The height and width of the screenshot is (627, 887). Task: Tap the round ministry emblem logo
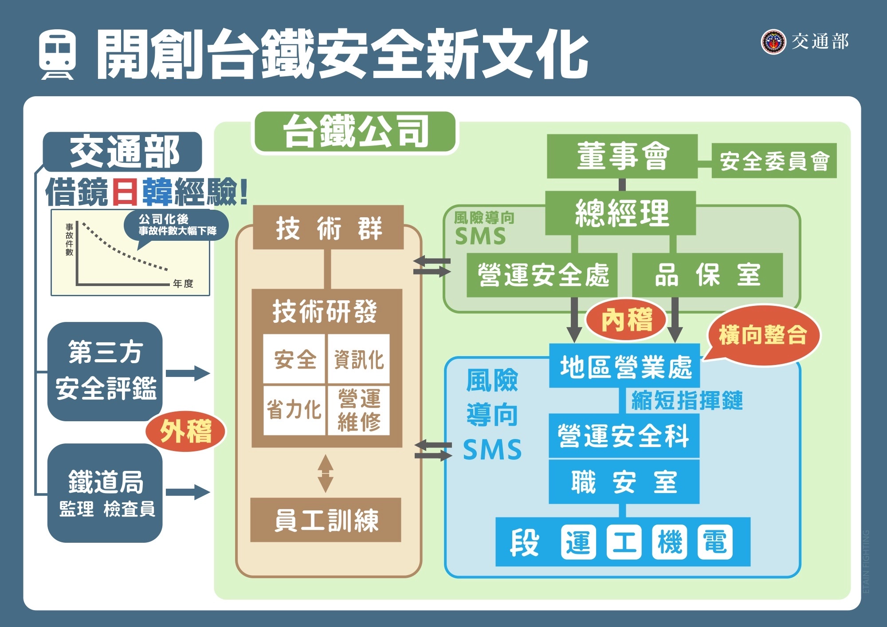(773, 42)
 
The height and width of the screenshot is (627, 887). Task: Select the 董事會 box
(622, 157)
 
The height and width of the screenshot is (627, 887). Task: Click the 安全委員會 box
(774, 161)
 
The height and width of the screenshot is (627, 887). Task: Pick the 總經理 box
(620, 213)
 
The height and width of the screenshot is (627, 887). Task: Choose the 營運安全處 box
(542, 275)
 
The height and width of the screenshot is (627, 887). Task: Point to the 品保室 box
(707, 275)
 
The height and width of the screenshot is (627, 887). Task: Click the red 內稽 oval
(626, 319)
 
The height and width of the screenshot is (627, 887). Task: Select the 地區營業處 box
(624, 366)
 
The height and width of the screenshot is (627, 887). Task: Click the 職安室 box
(624, 482)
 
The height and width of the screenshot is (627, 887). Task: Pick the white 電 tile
(715, 542)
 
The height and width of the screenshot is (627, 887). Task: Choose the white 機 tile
(669, 542)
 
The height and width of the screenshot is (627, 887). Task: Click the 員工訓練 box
(326, 520)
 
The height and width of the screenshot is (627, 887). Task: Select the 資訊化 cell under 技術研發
(358, 359)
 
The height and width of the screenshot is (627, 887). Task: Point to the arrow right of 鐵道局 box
(188, 492)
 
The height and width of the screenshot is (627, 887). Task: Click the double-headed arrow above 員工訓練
(326, 474)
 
